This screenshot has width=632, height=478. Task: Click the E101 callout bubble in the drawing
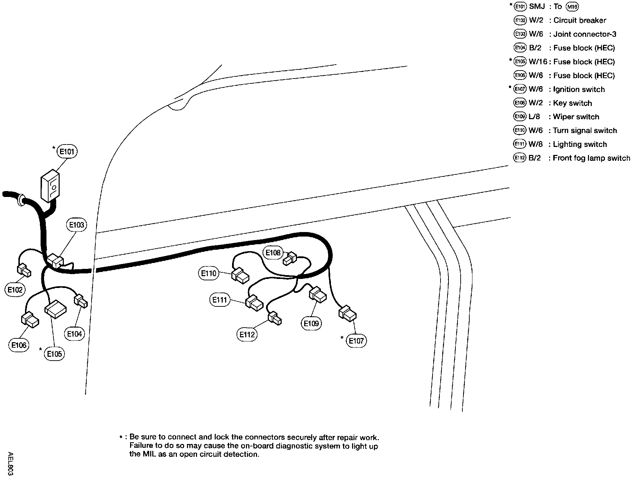click(x=67, y=151)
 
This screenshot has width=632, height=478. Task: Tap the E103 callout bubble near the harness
click(x=76, y=225)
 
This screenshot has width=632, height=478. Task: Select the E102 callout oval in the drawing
click(x=15, y=290)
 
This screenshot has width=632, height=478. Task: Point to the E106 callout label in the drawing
click(x=19, y=345)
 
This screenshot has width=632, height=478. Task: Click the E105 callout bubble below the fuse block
click(x=54, y=354)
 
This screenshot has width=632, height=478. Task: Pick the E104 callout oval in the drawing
click(x=74, y=334)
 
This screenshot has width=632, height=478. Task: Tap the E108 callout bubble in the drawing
click(x=273, y=253)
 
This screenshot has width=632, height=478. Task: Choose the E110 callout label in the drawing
click(x=209, y=273)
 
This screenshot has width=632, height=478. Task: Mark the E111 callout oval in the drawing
click(x=220, y=300)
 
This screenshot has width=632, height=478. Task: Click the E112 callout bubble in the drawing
click(x=247, y=335)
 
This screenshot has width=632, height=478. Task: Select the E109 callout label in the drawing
click(x=311, y=323)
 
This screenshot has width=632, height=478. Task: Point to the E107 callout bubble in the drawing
click(x=356, y=341)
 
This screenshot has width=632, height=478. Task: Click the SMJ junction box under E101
click(x=50, y=186)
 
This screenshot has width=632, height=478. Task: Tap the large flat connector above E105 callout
click(x=55, y=309)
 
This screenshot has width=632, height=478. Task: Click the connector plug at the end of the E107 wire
click(x=348, y=313)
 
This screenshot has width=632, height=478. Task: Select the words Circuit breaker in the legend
click(x=580, y=20)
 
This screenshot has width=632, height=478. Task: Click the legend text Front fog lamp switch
click(x=591, y=158)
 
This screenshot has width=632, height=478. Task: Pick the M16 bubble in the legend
click(x=572, y=7)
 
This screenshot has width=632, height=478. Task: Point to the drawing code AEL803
click(x=10, y=464)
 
